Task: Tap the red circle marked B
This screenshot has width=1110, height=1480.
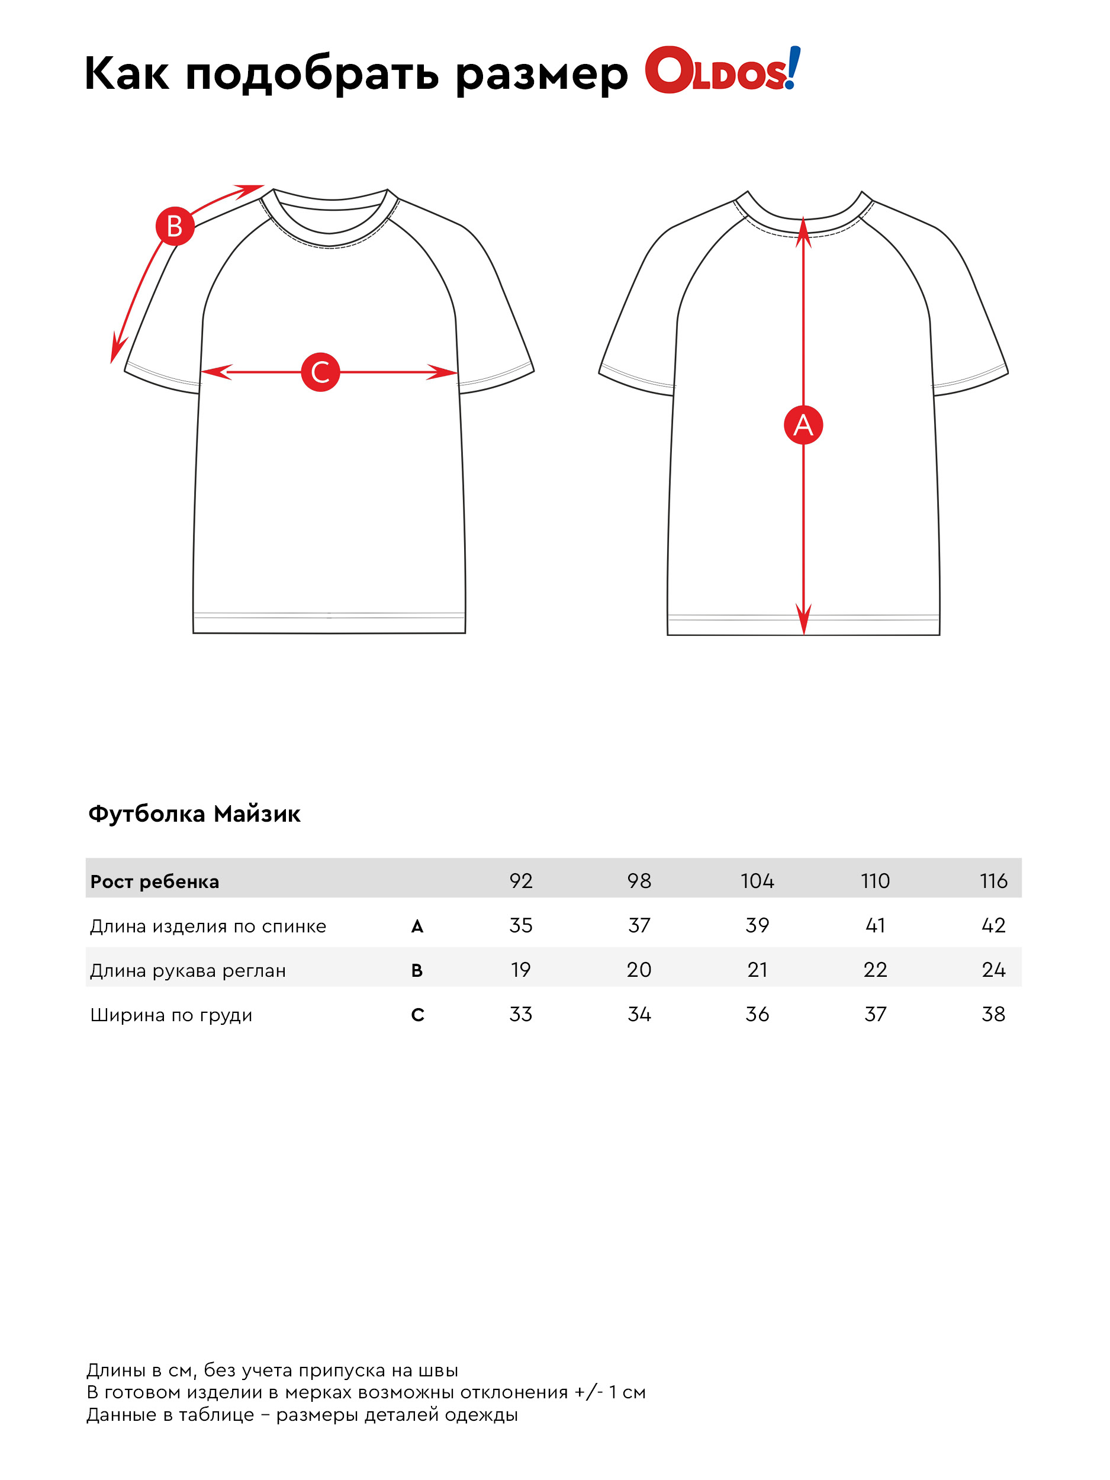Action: (x=175, y=226)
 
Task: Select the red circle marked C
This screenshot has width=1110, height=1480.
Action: (x=320, y=372)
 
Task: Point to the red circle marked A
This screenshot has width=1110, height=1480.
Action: (x=803, y=425)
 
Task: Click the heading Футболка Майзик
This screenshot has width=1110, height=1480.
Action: (x=194, y=813)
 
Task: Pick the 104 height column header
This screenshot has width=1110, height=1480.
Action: (x=757, y=880)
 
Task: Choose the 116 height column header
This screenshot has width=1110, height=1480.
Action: (x=993, y=880)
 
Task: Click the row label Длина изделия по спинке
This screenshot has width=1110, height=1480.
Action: (x=208, y=926)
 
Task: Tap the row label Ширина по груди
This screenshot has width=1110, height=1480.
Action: (x=171, y=1015)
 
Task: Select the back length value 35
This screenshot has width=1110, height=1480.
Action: (x=520, y=925)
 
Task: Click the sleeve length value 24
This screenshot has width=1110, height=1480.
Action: (x=993, y=970)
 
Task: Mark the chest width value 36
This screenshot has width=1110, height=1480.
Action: (x=757, y=1014)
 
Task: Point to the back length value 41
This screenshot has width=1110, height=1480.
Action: (x=875, y=925)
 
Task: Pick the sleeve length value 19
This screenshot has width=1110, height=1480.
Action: (x=520, y=970)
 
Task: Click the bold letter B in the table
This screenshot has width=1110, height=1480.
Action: (x=417, y=970)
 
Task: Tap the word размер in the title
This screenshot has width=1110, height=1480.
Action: (x=541, y=73)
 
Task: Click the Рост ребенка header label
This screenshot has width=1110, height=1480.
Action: (x=155, y=881)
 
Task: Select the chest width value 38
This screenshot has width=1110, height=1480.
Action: (x=993, y=1014)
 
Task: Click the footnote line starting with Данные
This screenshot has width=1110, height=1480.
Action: (x=302, y=1414)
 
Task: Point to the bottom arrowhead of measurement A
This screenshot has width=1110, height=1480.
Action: (x=803, y=622)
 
